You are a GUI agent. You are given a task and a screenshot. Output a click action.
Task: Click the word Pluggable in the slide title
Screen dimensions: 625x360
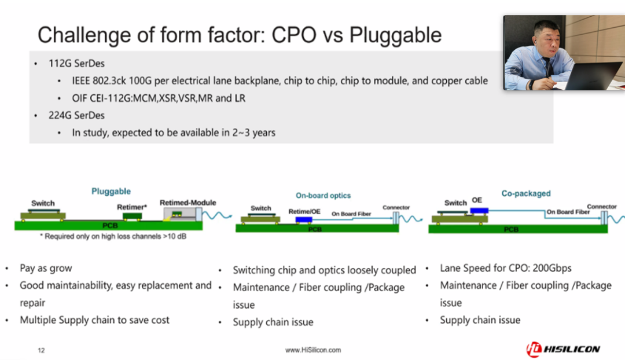click(x=395, y=35)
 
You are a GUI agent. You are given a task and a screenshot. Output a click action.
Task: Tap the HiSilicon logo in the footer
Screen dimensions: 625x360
click(x=563, y=349)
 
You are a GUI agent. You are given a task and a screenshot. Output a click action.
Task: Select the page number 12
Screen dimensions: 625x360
click(x=41, y=350)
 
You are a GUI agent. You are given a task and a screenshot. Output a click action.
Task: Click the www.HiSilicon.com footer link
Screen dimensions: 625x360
click(x=313, y=350)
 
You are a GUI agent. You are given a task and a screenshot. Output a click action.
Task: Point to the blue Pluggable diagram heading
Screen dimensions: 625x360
click(x=111, y=192)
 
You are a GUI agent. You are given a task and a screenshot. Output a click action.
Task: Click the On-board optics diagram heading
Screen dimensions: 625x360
click(x=323, y=196)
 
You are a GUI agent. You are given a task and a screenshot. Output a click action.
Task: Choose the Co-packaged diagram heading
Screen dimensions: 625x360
click(x=525, y=193)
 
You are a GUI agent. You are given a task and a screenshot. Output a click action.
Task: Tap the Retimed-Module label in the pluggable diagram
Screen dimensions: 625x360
click(x=187, y=203)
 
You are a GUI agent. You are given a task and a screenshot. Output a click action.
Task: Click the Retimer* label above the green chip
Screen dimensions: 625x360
click(x=132, y=207)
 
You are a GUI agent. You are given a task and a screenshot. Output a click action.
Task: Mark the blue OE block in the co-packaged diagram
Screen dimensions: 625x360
click(x=479, y=211)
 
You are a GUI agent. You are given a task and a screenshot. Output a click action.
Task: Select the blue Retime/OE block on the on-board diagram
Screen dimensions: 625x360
click(x=304, y=220)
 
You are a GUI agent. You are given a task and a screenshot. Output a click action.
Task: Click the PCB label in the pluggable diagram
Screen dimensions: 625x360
click(x=110, y=226)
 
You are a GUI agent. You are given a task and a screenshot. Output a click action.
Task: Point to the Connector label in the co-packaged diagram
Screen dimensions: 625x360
click(x=601, y=207)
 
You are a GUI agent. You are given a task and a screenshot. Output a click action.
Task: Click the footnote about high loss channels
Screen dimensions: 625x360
click(x=113, y=236)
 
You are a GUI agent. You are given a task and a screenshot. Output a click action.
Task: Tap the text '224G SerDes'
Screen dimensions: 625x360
click(x=76, y=116)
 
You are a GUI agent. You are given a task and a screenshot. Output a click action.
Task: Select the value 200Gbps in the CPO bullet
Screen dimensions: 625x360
click(x=552, y=269)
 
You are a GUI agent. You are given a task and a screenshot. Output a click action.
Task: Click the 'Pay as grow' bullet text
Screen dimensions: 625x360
click(x=46, y=269)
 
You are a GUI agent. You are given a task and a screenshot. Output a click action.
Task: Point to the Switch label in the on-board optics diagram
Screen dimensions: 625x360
click(x=260, y=208)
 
